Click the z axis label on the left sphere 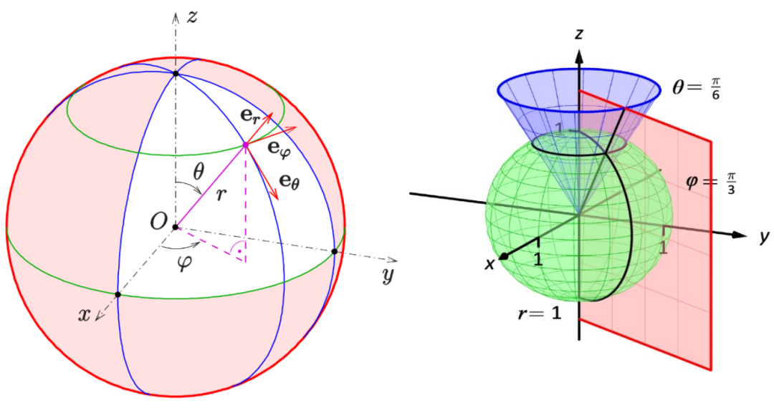click(191, 18)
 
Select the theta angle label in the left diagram click(199, 171)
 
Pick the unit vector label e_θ click(290, 181)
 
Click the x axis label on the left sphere click(85, 314)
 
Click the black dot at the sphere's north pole click(176, 73)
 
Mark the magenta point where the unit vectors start click(245, 145)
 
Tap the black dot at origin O click(175, 228)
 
